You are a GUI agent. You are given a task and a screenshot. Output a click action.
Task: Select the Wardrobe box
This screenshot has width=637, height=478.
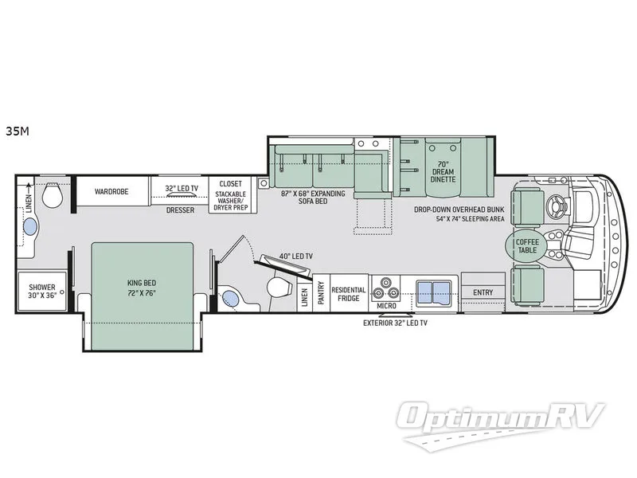point(111,192)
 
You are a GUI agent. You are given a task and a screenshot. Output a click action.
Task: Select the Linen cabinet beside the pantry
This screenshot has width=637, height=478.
point(305,294)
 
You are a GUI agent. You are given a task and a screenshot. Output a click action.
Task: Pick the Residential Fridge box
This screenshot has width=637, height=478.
point(348,293)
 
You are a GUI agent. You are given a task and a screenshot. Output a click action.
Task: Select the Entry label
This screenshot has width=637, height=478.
point(482,292)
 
